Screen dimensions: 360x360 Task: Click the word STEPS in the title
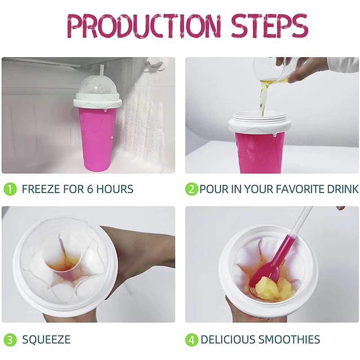(270, 26)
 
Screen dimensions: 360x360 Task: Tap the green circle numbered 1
(10, 189)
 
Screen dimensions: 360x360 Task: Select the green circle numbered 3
(10, 339)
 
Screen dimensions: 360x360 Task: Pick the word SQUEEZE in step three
(46, 339)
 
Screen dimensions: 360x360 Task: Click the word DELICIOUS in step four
(229, 339)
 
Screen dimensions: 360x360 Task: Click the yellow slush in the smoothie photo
(274, 288)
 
